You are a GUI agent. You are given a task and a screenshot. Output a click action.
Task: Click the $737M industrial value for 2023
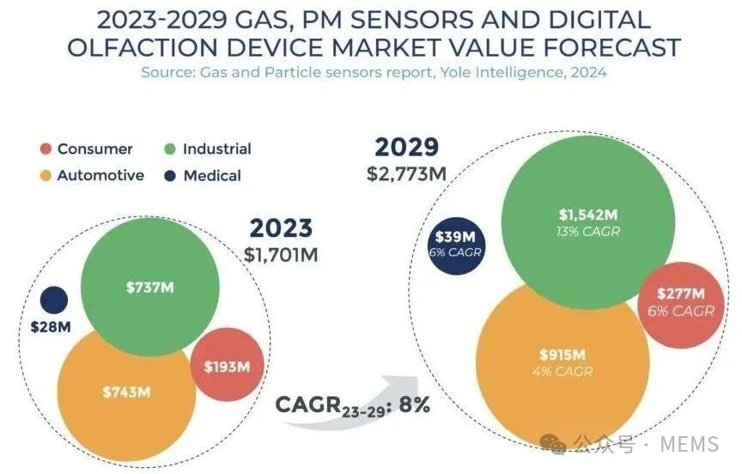[150, 287]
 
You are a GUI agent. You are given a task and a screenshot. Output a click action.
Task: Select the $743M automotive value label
[126, 392]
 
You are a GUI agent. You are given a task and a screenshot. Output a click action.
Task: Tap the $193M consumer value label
[227, 367]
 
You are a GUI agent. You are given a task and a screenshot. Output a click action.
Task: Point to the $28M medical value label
[51, 327]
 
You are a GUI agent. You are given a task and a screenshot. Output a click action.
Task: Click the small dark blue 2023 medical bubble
[54, 300]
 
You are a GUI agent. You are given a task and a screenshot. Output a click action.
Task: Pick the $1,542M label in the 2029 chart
[588, 215]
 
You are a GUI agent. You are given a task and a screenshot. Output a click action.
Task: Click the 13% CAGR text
[588, 232]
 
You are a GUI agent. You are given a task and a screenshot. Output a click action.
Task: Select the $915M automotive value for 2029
[563, 355]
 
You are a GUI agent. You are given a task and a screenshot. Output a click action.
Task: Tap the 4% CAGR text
[563, 371]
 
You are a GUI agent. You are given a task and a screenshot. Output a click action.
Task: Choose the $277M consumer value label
[681, 294]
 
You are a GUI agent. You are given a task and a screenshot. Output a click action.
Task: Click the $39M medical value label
[455, 236]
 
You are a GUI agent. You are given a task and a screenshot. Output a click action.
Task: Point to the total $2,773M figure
[406, 174]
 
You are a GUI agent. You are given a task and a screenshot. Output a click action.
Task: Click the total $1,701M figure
[281, 255]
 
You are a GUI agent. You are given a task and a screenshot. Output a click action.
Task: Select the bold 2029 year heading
[407, 148]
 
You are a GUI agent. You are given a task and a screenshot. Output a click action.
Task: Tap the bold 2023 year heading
[281, 228]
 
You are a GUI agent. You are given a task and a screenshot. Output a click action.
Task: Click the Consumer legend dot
[46, 149]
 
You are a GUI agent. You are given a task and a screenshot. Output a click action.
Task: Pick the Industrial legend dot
[170, 149]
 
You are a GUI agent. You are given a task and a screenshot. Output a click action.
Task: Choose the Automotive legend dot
[46, 176]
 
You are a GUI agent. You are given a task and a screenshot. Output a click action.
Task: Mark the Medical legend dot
[170, 176]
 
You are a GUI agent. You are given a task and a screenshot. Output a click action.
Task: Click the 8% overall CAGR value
[415, 405]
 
